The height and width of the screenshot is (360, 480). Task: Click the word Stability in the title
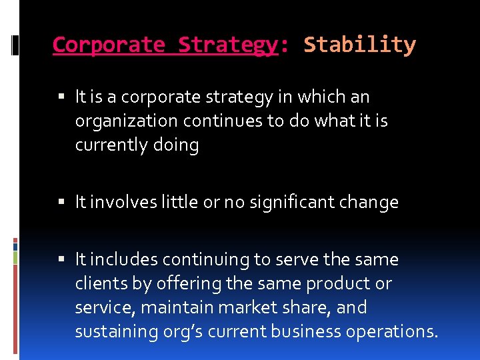pyautogui.click(x=359, y=45)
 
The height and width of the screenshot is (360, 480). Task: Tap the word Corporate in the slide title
pyautogui.click(x=109, y=45)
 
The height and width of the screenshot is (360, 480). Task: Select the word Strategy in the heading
pyautogui.click(x=227, y=45)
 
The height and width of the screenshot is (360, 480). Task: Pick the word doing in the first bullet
pyautogui.click(x=177, y=145)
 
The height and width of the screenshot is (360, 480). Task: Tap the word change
pyautogui.click(x=369, y=202)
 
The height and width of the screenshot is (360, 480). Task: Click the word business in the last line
pyautogui.click(x=302, y=331)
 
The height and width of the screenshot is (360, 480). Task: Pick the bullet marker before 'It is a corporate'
pyautogui.click(x=61, y=97)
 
